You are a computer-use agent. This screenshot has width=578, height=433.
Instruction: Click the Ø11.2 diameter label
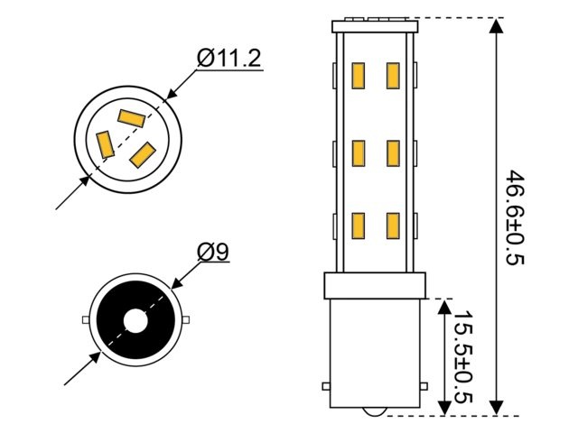click(229, 60)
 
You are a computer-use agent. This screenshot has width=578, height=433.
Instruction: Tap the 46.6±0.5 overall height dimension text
click(516, 216)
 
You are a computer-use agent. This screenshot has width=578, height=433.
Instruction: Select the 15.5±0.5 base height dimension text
click(461, 358)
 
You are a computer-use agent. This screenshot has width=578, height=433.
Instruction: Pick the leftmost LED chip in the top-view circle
click(105, 144)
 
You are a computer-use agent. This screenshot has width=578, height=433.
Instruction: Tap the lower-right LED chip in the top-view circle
click(143, 154)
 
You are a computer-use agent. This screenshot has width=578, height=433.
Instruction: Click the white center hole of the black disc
click(135, 320)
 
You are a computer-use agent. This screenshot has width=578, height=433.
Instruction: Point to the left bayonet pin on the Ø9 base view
click(85, 320)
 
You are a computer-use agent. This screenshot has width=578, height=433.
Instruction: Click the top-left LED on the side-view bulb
click(359, 76)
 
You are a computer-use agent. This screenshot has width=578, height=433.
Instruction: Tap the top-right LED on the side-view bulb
click(393, 76)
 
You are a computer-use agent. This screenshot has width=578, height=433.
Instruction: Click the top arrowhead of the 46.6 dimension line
click(496, 26)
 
